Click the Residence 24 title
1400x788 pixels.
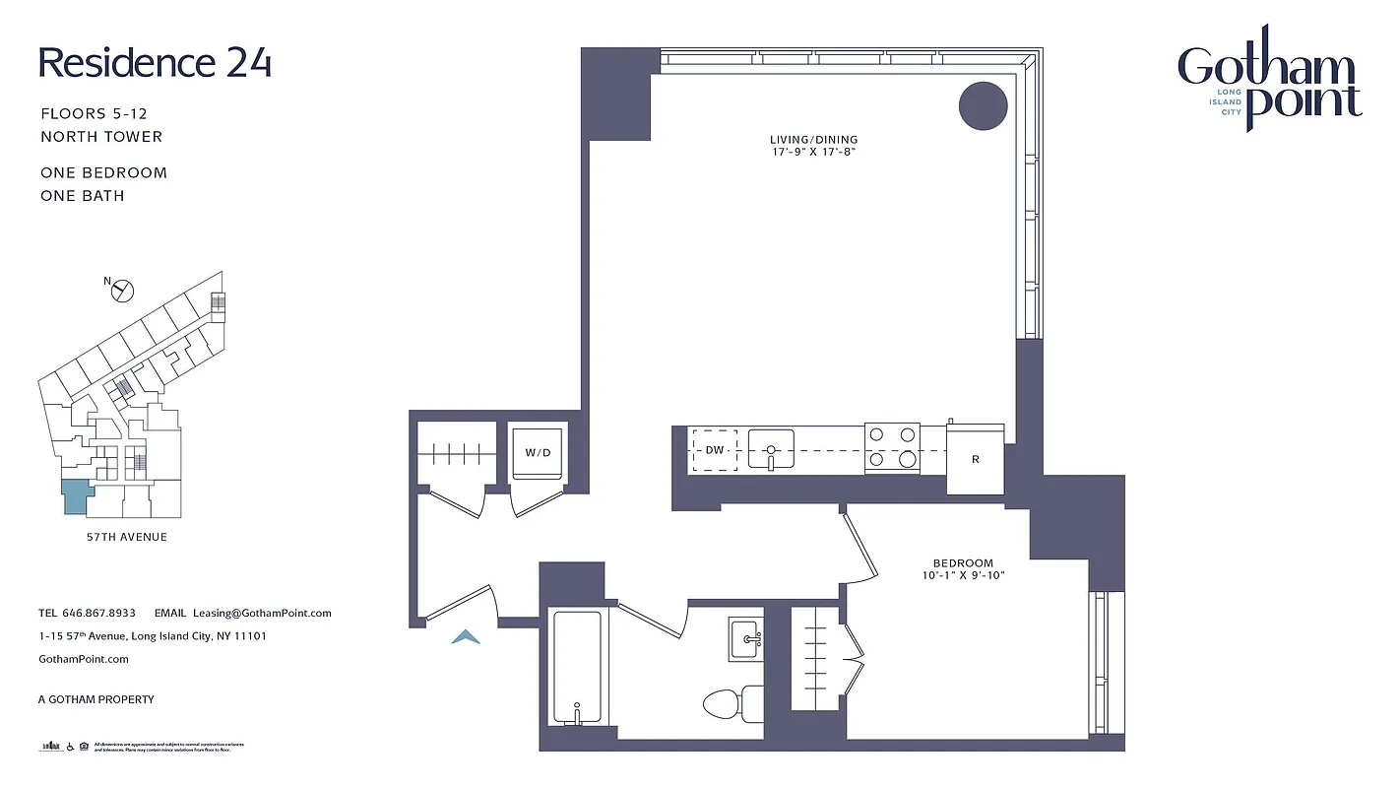(155, 62)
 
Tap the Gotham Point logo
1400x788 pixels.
(1269, 83)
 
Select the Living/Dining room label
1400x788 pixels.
(814, 140)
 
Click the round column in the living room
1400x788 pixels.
(983, 105)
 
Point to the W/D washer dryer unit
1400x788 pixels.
(538, 453)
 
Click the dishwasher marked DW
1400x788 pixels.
(715, 450)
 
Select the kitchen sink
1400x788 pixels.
(771, 449)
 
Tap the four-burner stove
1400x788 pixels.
(892, 447)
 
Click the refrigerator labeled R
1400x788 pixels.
(975, 460)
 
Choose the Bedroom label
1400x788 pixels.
(963, 563)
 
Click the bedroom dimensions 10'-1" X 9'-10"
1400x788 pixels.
(963, 575)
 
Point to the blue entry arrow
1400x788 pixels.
(466, 637)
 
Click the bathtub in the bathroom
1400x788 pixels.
(576, 668)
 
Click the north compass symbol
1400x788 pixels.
(122, 291)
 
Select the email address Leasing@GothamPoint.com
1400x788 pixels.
(262, 613)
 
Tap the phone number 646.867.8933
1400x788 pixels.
(98, 613)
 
